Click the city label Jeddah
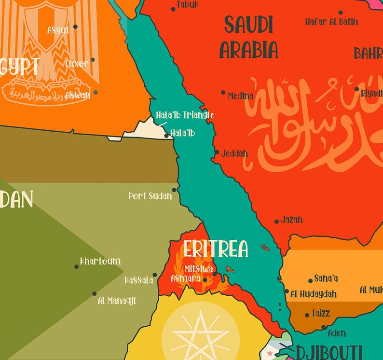[x=234, y=154]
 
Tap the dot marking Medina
[x=223, y=92]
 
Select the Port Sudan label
[x=150, y=196]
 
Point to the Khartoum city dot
[x=76, y=266]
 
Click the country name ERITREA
[x=215, y=249]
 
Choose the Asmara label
[x=185, y=278]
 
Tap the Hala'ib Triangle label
[x=185, y=115]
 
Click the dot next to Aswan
[x=96, y=92]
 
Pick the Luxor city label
[x=77, y=64]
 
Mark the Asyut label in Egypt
[x=58, y=30]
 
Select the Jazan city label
[x=292, y=220]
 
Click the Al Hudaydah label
[x=314, y=294]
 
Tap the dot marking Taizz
[x=307, y=315]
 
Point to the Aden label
[x=336, y=333]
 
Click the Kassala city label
[x=138, y=280]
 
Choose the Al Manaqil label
[x=117, y=301]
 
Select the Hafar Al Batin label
[x=331, y=21]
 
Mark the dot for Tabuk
[x=174, y=9]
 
